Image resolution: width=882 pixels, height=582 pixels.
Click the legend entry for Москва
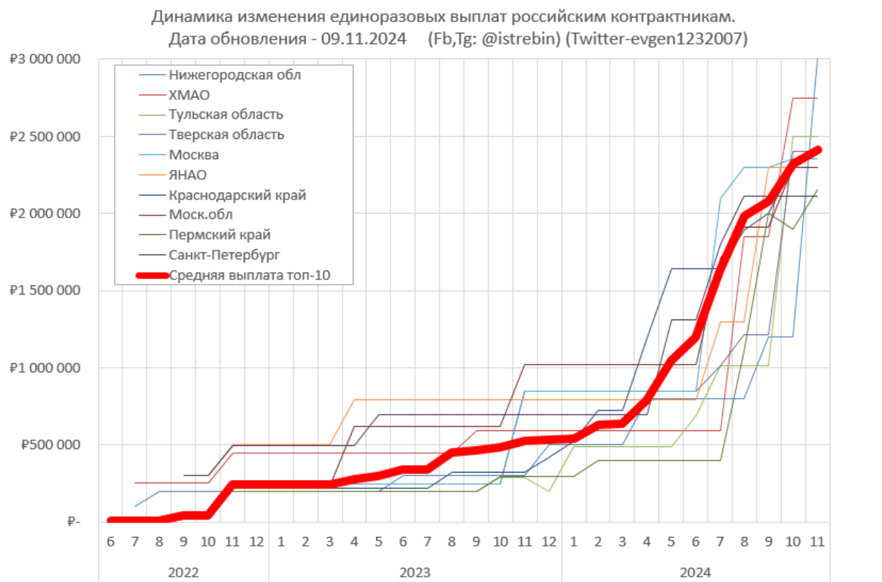pos(194,155)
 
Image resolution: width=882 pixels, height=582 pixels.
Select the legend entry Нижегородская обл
pos(235,75)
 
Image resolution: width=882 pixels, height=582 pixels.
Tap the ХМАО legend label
pos(190,95)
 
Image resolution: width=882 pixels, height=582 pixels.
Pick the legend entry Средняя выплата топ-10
pos(250,275)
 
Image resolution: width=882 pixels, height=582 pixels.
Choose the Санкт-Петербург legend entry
pos(224,254)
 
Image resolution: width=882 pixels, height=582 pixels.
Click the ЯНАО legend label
pos(188,175)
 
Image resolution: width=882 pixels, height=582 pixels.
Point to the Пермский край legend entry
pos(220,234)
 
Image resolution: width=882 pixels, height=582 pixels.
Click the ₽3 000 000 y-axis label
pos(45,59)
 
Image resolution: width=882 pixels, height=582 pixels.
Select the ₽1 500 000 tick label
pos(45,291)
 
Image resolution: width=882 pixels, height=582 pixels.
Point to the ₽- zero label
pos(73,522)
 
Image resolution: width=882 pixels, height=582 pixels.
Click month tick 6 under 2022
pos(110,541)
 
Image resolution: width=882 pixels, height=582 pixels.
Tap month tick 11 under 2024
pos(817,541)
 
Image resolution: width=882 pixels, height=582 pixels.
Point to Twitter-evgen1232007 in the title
pos(656,39)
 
